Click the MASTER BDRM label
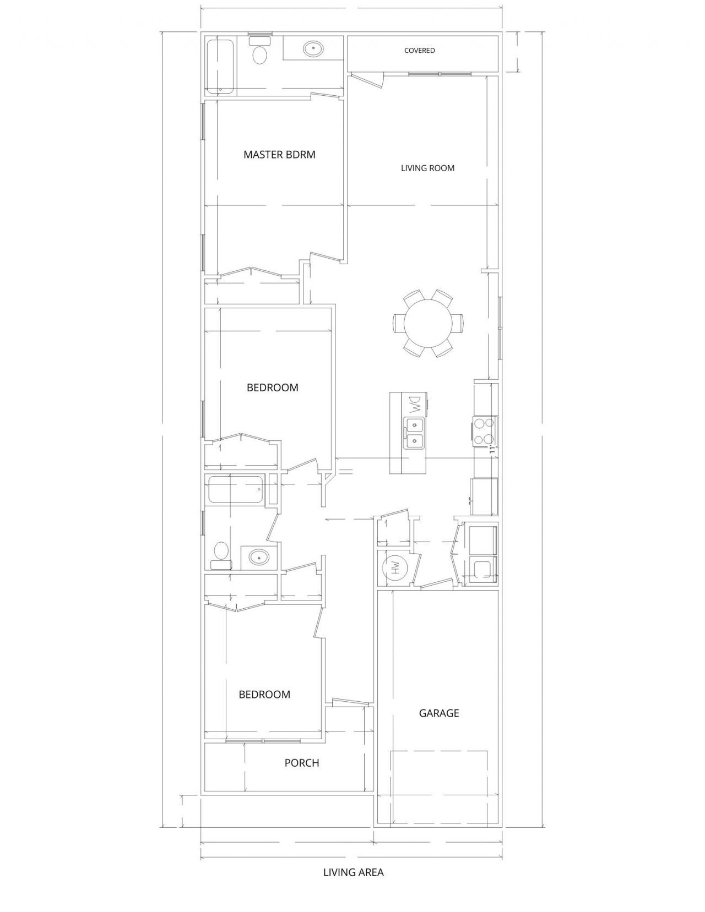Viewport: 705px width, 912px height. coord(279,155)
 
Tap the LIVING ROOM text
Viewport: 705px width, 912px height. coord(427,168)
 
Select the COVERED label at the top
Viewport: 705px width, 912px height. coord(420,51)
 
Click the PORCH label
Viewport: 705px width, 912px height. coord(301,774)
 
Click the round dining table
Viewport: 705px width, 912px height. coord(429,323)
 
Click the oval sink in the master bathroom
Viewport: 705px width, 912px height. coord(313,49)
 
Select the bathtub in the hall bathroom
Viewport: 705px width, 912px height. coord(236,489)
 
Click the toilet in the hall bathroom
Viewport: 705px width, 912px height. coord(221,555)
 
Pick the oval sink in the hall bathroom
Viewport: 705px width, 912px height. coord(259,558)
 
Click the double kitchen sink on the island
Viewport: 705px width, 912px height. coord(414,433)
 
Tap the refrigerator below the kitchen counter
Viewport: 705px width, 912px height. coord(484,496)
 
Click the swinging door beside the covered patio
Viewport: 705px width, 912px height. coord(367,79)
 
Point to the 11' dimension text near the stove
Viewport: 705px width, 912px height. coord(493,450)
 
